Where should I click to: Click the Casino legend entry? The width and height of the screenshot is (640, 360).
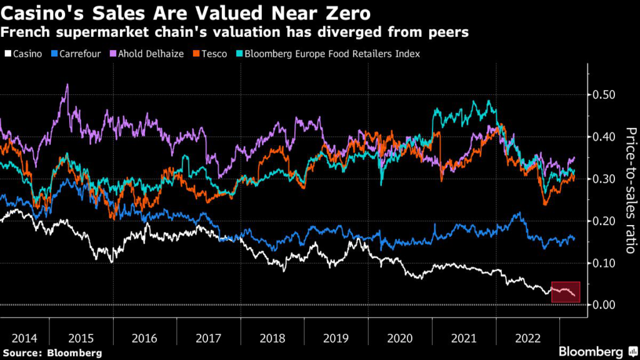pos(26,54)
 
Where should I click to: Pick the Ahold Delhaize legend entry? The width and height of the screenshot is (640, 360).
pos(150,54)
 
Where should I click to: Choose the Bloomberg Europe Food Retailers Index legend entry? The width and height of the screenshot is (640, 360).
pos(332,54)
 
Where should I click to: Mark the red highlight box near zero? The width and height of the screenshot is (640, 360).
pos(566,292)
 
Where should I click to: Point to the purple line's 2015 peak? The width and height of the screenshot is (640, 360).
pos(67,85)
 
